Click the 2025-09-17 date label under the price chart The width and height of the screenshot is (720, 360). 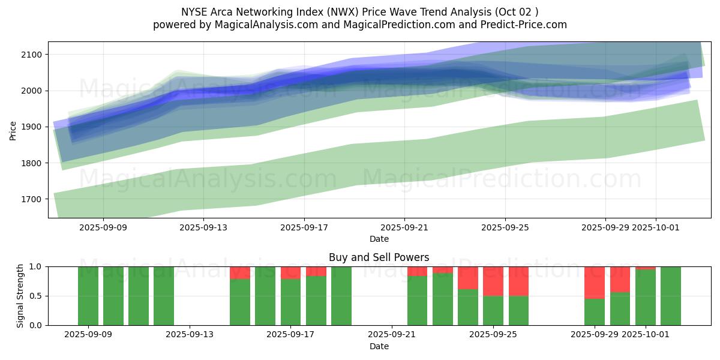point(304,227)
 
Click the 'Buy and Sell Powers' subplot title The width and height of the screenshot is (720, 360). point(379,257)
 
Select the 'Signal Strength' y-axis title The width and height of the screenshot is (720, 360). point(20,296)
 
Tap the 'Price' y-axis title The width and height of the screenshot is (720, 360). point(13,130)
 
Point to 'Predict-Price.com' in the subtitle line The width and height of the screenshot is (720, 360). point(520,25)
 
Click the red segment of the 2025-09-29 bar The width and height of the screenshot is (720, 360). point(595,282)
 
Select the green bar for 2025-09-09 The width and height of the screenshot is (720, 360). point(88,296)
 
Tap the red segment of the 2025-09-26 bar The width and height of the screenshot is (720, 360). point(518,281)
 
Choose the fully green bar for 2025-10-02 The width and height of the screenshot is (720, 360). point(671,296)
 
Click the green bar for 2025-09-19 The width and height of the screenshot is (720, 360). point(341,296)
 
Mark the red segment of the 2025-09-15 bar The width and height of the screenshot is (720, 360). point(240,272)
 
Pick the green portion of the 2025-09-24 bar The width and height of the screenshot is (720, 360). point(468,307)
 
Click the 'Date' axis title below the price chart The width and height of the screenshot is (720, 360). point(379,239)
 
